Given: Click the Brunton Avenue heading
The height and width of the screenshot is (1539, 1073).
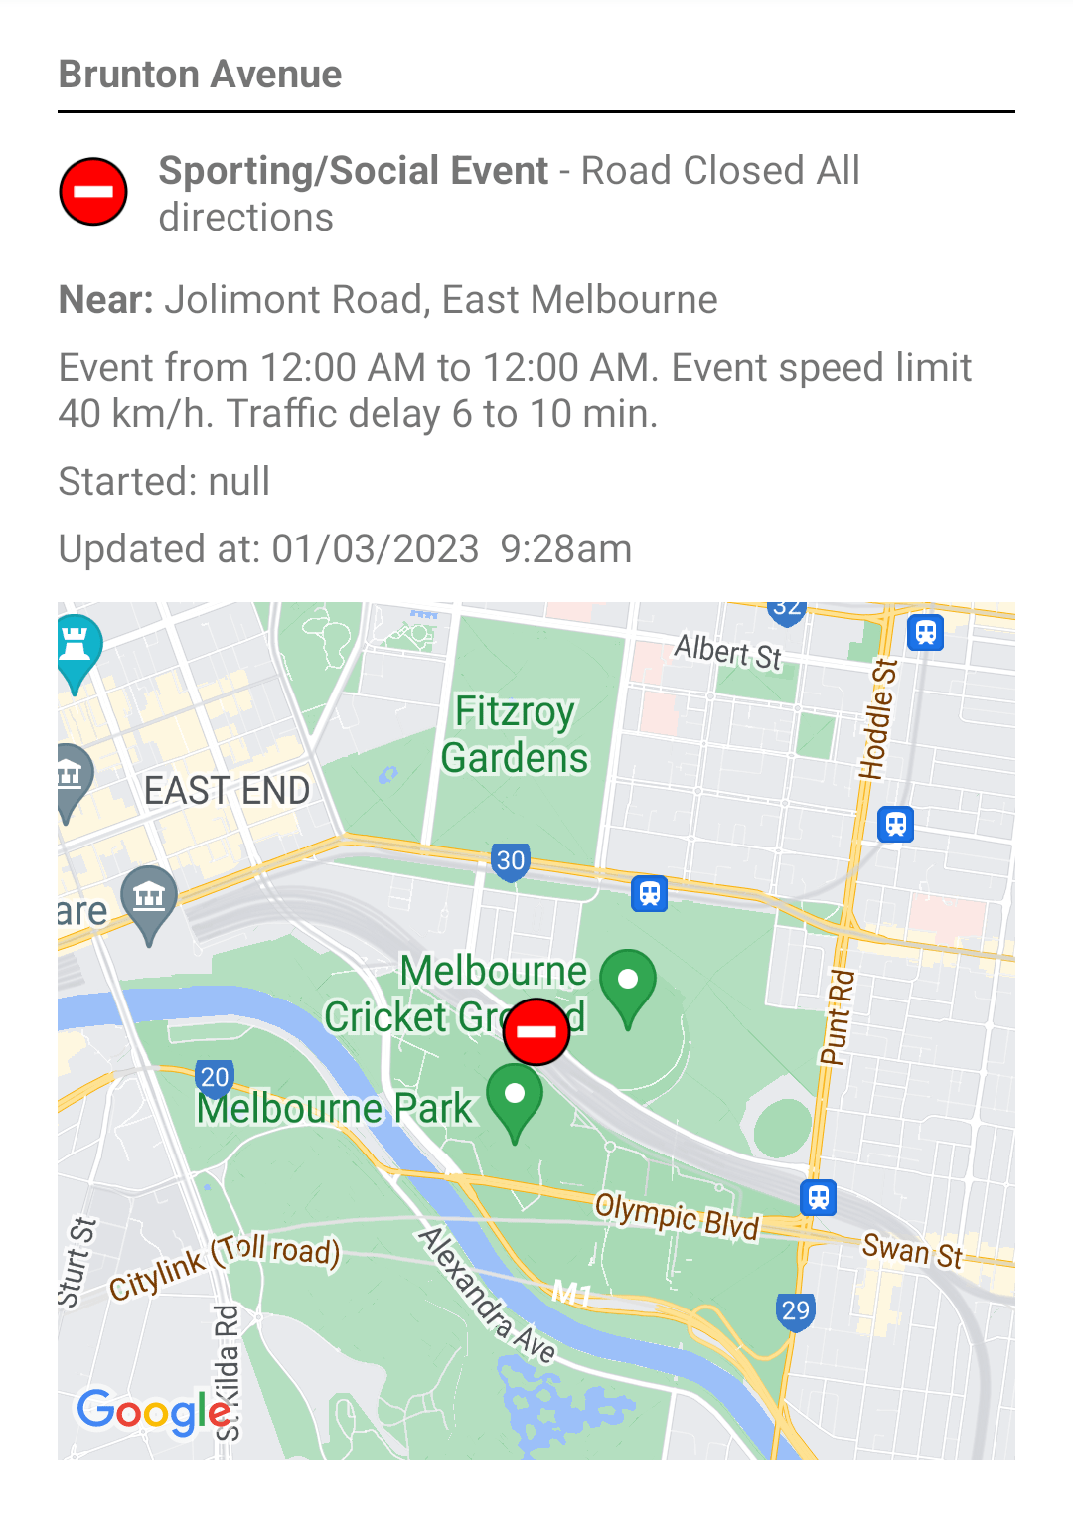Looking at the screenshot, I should (200, 75).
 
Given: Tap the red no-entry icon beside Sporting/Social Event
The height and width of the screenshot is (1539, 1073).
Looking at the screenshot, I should (93, 191).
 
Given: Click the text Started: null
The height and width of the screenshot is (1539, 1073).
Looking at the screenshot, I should (164, 482).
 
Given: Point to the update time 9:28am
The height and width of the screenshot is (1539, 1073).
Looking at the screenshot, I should (565, 549).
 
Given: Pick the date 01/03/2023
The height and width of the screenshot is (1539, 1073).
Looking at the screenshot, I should (376, 549).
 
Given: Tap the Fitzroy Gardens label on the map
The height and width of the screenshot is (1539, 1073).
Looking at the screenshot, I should (515, 735).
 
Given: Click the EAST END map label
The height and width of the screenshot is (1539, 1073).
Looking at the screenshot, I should (227, 791).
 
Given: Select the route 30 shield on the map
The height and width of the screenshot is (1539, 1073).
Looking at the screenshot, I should (510, 861).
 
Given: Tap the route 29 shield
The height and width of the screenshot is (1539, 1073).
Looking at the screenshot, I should (795, 1311).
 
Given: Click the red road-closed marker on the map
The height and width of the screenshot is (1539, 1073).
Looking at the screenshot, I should (536, 1031).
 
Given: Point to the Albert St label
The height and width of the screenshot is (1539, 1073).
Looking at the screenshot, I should (728, 652).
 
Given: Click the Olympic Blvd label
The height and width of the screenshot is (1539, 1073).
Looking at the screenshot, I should (677, 1218).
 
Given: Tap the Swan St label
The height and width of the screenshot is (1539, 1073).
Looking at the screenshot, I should (912, 1250).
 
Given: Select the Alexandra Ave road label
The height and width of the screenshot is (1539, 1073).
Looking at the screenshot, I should (486, 1295).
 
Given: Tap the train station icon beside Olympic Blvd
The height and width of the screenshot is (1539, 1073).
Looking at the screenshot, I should (818, 1198).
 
